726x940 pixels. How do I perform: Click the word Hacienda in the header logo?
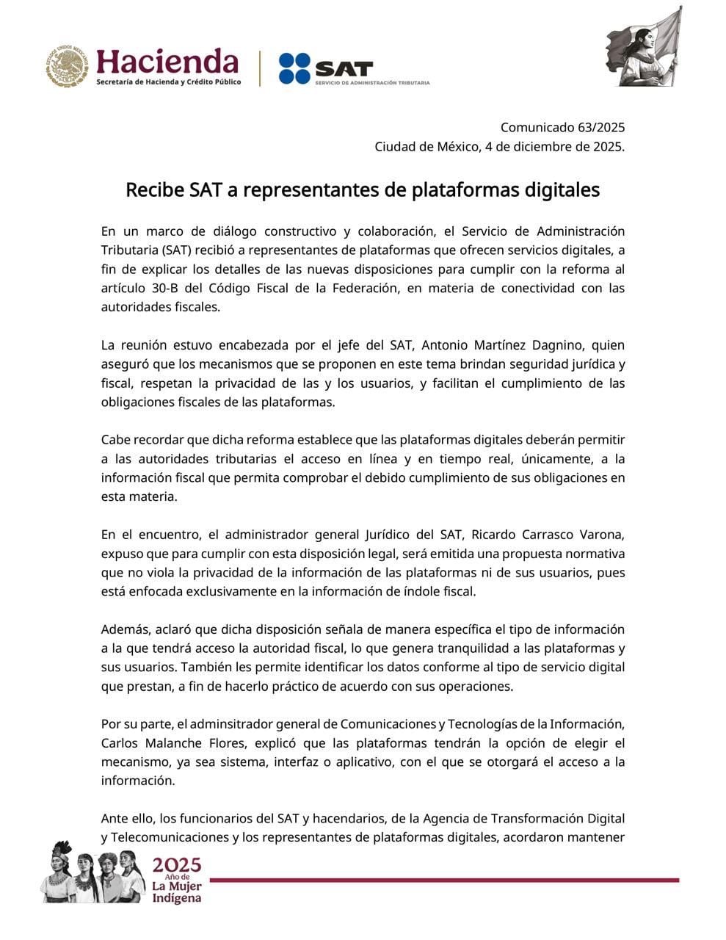167,60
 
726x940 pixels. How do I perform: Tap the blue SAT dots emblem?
294,68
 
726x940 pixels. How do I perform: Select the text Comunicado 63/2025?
562,128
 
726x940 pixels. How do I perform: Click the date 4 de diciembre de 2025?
555,147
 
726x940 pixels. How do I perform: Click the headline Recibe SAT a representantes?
363,190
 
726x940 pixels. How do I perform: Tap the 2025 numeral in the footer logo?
176,864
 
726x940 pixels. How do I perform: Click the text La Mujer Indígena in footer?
176,892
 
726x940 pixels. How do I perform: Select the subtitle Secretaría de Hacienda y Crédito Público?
168,82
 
